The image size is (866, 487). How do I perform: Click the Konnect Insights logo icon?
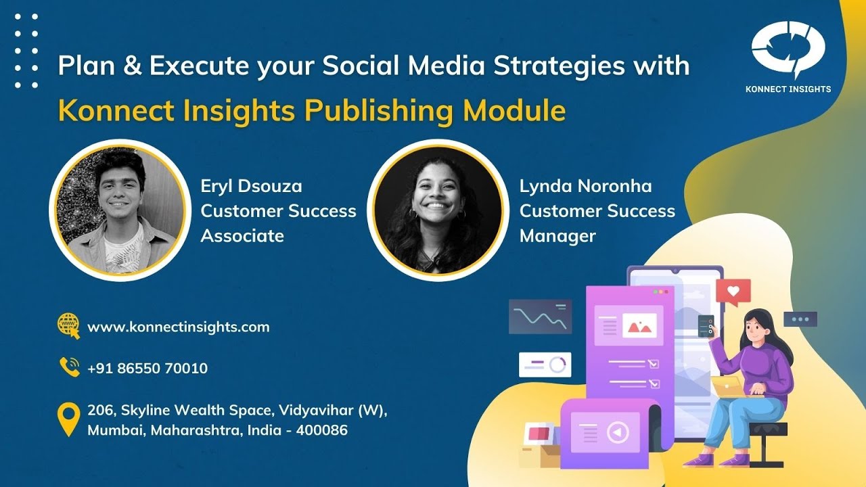click(788, 50)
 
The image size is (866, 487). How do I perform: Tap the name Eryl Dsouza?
click(251, 186)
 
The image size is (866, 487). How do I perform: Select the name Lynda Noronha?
click(585, 186)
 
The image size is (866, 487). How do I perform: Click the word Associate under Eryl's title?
click(242, 236)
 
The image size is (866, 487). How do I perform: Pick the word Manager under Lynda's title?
click(557, 236)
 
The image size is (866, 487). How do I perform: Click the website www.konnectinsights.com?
click(178, 327)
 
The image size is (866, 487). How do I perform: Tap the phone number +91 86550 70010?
click(147, 369)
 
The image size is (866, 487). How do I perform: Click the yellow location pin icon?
click(68, 419)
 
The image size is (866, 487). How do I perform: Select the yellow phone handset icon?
click(69, 367)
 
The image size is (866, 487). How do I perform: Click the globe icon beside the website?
click(68, 325)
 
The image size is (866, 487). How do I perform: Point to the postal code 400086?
click(325, 430)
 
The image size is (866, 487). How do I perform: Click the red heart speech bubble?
click(733, 292)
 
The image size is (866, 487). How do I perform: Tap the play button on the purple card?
click(618, 432)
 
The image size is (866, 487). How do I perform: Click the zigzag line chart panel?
click(540, 317)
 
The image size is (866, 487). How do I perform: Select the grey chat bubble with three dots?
click(800, 319)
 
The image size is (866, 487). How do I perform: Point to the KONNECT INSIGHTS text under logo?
click(788, 89)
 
